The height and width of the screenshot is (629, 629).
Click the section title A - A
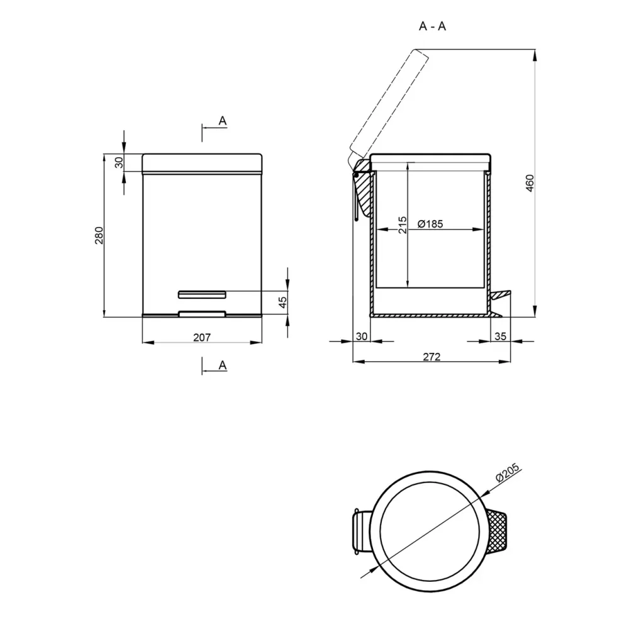(432, 26)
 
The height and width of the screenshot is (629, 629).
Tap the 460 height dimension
(530, 183)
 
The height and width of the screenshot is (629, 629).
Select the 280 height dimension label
(99, 235)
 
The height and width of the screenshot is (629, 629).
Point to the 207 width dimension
(202, 337)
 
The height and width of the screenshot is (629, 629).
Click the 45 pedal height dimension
(282, 302)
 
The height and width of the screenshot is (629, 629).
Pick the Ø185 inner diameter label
(430, 224)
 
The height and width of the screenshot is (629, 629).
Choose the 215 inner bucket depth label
(403, 225)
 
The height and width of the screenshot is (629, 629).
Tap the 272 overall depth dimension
(431, 357)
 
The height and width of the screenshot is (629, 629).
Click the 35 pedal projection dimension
(500, 336)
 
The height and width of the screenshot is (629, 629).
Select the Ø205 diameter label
(508, 472)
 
